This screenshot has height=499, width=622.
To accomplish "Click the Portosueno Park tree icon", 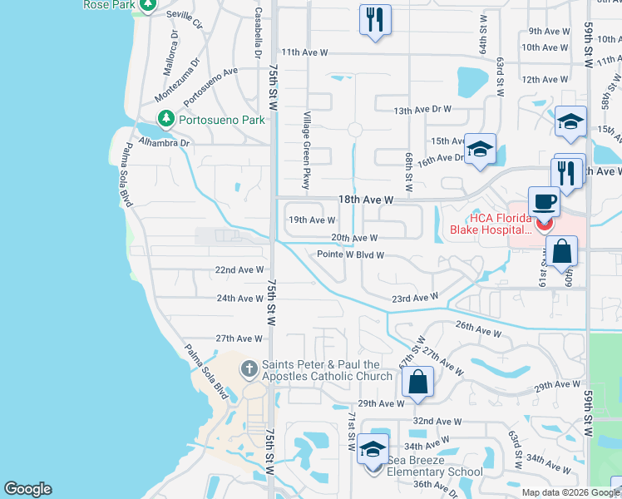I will [166, 120].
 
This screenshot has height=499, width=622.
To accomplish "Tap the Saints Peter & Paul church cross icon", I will [249, 368].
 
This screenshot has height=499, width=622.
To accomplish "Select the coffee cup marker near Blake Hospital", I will [544, 202].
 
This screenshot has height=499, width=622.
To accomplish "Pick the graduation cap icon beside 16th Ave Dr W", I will [480, 149].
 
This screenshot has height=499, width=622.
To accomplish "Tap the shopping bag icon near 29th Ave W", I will [417, 382].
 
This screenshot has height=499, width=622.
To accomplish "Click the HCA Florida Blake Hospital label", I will [490, 224].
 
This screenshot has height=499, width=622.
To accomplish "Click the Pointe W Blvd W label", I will [350, 255].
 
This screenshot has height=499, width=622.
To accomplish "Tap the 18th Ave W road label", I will [365, 200].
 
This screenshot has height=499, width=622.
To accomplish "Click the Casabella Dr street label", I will [259, 32].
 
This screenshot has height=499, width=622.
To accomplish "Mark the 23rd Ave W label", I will [415, 298].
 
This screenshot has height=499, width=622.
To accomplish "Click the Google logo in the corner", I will [27, 489].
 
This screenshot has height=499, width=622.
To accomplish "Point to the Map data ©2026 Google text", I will [570, 492].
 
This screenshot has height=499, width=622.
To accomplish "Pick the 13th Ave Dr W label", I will [422, 110].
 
